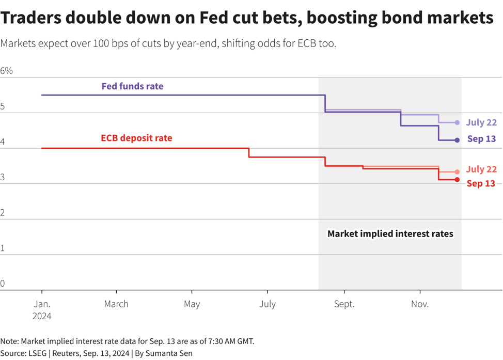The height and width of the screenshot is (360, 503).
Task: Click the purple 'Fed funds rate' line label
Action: point(132,86)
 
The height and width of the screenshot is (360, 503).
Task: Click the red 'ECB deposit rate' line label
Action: point(136,138)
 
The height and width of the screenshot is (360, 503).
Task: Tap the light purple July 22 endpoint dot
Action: point(457,122)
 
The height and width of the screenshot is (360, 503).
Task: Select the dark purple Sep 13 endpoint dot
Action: point(457,140)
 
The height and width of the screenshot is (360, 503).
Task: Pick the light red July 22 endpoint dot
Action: point(457,172)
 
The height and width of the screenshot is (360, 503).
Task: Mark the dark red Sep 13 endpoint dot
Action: point(457,180)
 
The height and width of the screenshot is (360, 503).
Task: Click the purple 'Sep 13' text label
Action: point(481,138)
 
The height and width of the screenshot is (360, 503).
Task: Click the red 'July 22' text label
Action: point(481,169)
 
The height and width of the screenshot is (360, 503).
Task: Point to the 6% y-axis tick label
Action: point(6,71)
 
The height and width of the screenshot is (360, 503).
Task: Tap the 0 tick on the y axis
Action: point(3,283)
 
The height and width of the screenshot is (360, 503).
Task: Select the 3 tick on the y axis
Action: point(3,177)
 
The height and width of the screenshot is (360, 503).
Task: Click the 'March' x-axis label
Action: point(116,304)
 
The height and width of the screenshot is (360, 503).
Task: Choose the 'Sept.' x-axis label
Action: point(344,304)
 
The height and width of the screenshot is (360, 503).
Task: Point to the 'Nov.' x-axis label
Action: point(420,304)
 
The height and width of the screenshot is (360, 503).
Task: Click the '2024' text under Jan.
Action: point(41,316)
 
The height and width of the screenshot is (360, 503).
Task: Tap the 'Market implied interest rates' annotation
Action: point(390,233)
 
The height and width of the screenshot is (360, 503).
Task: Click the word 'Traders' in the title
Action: point(32,18)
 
